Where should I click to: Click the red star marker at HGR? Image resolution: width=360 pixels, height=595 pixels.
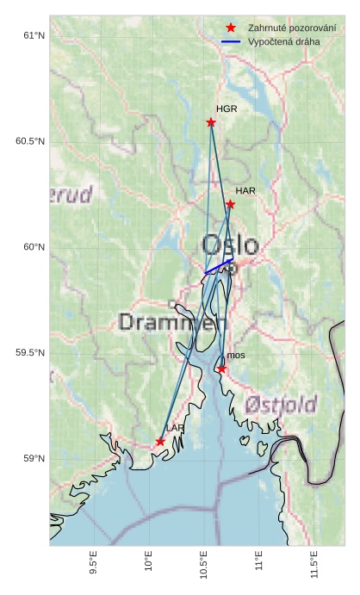(211, 122)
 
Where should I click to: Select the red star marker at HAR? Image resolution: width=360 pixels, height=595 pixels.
(230, 204)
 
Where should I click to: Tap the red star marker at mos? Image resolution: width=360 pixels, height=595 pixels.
(221, 369)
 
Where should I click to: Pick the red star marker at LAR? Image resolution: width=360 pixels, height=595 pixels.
(160, 442)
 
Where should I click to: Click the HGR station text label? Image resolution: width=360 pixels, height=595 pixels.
(227, 110)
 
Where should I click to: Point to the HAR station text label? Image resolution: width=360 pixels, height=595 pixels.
(245, 190)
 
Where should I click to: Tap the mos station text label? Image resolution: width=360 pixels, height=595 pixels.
(236, 355)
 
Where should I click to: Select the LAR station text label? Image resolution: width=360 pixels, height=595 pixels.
(176, 428)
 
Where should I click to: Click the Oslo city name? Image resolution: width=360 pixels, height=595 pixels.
(230, 244)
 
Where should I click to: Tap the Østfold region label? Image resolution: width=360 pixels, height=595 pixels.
(280, 404)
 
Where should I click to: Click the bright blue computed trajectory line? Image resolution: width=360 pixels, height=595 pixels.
(219, 266)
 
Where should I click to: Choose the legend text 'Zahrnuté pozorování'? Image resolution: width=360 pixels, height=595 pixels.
(291, 28)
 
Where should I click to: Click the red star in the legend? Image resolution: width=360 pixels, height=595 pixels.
(231, 28)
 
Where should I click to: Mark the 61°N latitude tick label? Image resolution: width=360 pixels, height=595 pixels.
(33, 35)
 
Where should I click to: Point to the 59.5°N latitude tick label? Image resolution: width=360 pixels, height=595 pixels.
(30, 353)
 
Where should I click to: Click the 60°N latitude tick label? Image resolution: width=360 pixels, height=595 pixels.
(33, 247)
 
